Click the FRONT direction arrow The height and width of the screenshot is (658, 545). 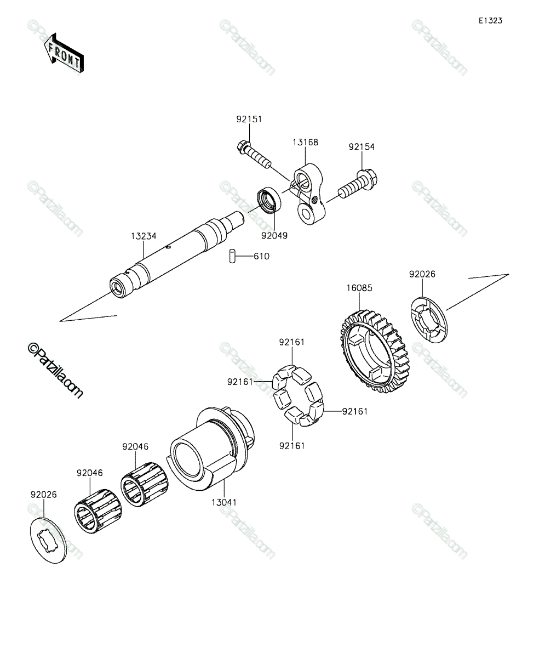pos(64,53)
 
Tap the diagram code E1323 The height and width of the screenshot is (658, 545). pos(491,21)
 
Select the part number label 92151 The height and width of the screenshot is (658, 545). pos(249,119)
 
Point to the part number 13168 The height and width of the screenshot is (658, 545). pos(306,143)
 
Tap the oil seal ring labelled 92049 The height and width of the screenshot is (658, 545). pos(269,200)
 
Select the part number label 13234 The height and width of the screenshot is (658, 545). pos(144,236)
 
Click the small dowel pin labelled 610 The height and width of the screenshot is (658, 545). pos(232,256)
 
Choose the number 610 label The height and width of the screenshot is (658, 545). pos(262,256)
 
